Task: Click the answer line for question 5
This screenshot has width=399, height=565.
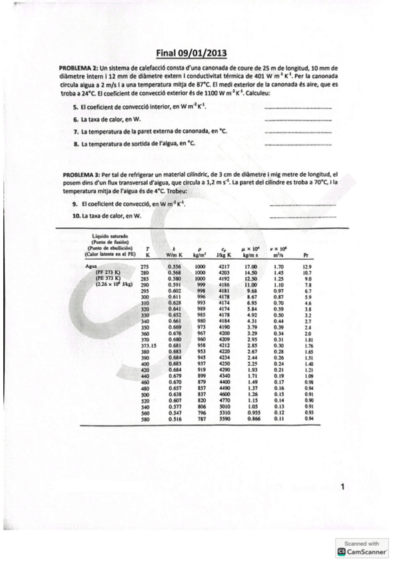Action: [x=297, y=107]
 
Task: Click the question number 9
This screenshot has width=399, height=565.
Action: [x=75, y=203]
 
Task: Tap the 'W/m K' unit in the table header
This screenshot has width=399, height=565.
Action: [x=175, y=254]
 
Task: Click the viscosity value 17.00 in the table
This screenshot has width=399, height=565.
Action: [x=251, y=267]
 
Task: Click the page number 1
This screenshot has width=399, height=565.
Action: [x=342, y=488]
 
